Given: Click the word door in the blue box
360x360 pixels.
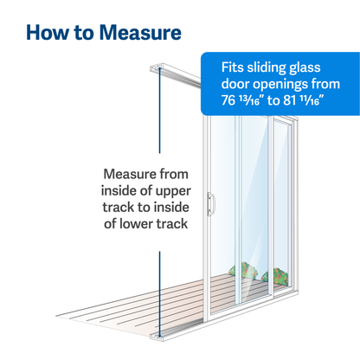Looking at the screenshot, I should (233, 85).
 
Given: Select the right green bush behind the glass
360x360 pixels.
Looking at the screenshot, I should (279, 277).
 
